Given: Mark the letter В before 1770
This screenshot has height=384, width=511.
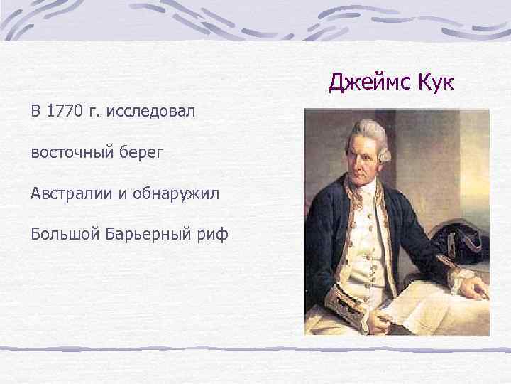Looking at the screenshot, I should pyautogui.click(x=35, y=111).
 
